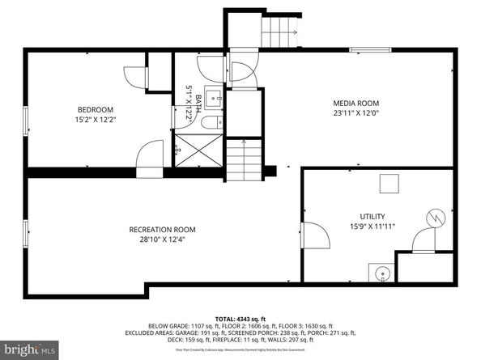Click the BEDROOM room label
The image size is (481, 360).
tap(96, 110)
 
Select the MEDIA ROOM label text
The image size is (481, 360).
tap(356, 103)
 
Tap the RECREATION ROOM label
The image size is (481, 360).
tap(162, 229)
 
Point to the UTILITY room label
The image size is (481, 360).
tap(373, 217)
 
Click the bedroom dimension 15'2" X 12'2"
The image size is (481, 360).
tap(96, 121)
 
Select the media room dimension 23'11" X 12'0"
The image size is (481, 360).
tap(356, 114)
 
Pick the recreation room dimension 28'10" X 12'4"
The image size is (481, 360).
tap(162, 239)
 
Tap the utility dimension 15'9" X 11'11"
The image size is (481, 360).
tap(373, 228)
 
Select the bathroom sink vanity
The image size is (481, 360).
tap(213, 100)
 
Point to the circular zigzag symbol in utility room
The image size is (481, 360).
tap(436, 218)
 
